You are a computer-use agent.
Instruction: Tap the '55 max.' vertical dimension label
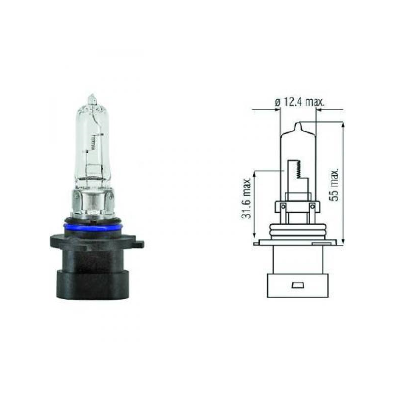pos(335,184)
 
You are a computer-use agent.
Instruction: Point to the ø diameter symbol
pos(277,102)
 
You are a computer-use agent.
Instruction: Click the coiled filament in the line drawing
pos(297,169)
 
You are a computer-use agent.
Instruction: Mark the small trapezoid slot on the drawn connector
pos(298,285)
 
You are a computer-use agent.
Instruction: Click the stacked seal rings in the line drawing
pos(298,231)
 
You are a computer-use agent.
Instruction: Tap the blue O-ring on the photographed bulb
pos(93,228)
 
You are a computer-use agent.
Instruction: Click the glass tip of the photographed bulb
pos(91,99)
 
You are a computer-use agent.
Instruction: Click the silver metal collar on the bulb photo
pos(92,202)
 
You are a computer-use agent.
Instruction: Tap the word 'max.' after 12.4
pos(315,102)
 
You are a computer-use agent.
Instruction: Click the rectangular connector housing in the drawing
pos(298,276)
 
